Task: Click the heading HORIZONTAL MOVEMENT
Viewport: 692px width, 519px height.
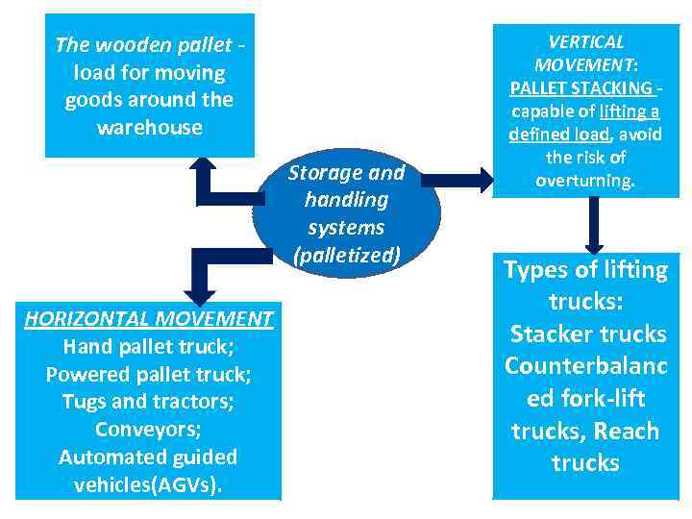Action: pos(149,318)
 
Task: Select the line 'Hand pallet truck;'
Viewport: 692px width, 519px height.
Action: pos(149,345)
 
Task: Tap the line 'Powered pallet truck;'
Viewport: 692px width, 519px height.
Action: pos(149,373)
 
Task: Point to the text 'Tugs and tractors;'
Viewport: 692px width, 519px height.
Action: pos(149,401)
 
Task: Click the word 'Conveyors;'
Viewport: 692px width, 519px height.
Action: pos(149,429)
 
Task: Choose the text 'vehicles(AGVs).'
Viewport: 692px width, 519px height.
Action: pos(149,484)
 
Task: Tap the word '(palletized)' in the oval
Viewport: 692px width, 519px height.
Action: pos(346,256)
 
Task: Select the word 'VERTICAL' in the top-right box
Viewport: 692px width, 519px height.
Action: pos(585,42)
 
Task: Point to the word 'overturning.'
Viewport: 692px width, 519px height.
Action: pos(585,181)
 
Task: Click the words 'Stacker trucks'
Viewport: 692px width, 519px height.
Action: pos(587,334)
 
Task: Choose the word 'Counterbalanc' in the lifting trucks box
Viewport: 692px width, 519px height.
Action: pos(585,366)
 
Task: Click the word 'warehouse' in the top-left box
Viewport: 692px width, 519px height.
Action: pos(149,128)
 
